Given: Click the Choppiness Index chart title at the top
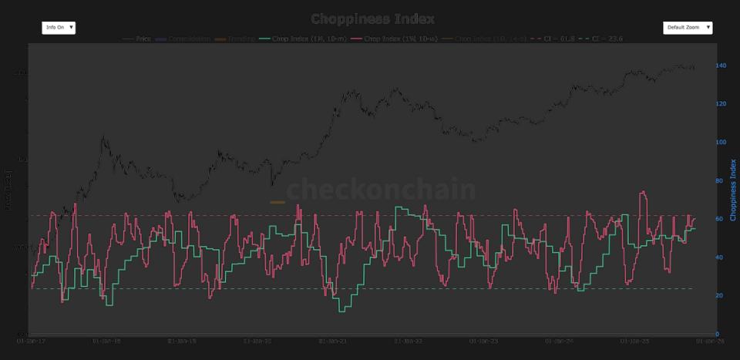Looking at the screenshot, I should (372, 19).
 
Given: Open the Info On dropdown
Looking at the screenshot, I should (59, 28).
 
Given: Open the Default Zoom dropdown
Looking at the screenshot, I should (687, 28).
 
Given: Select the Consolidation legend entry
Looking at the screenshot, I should (183, 38).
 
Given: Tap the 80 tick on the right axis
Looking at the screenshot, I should (720, 180).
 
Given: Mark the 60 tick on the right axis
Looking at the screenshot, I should (720, 219).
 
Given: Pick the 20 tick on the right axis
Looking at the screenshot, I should (720, 295).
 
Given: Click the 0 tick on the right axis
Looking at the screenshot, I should (718, 334).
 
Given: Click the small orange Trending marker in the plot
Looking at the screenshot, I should (277, 203).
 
